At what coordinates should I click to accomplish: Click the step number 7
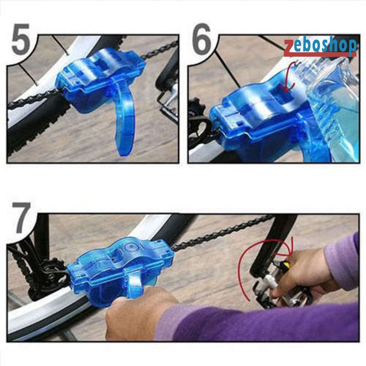(x=20, y=218)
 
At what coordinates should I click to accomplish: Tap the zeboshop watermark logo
(x=320, y=46)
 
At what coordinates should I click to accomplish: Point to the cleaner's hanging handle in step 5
(x=124, y=124)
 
